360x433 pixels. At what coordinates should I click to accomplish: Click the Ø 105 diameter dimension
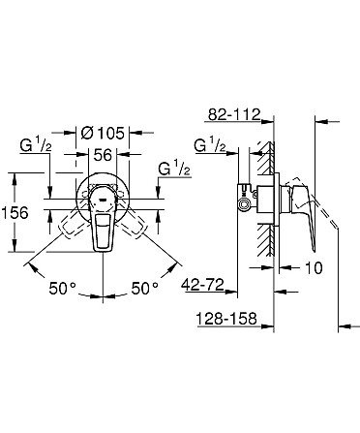[x=103, y=133]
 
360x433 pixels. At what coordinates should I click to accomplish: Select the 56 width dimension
[x=103, y=155]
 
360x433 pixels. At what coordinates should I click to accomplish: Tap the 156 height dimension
[x=15, y=213]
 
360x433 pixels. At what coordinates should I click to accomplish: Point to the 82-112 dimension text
[x=234, y=114]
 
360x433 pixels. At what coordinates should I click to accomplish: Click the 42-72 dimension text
[x=203, y=285]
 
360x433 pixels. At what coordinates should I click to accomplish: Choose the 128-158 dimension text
[x=226, y=319]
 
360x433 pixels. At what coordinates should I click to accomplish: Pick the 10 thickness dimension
[x=314, y=267]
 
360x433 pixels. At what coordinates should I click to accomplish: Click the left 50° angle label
[x=63, y=288]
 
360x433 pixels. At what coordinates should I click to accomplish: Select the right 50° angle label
[x=145, y=288]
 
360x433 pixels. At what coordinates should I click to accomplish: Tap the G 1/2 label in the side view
[x=210, y=144]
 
